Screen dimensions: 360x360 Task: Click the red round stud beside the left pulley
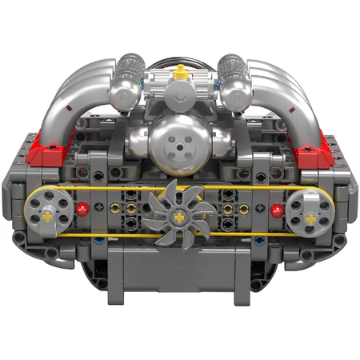pyautogui.click(x=82, y=210)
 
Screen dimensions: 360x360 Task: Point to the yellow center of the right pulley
pyautogui.click(x=307, y=214)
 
